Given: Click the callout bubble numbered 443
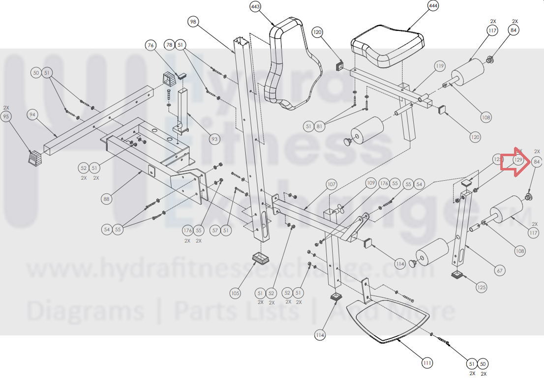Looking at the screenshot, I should (255, 6).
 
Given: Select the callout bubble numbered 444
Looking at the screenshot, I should (433, 6).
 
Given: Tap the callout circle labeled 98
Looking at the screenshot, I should (193, 22).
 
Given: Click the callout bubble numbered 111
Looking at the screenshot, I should (427, 363).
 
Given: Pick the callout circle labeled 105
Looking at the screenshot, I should (235, 293).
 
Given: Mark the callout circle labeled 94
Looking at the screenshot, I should (32, 115).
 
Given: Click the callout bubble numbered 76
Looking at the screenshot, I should (151, 45).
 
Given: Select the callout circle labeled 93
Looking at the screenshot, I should (214, 139).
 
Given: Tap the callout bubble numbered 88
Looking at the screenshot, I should (106, 199).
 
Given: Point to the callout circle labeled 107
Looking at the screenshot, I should (332, 184).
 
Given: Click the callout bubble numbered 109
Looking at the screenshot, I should (371, 183).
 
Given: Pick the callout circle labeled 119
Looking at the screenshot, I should (439, 66).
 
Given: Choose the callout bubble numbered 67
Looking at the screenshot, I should (500, 270).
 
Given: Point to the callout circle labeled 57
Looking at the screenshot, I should (215, 230).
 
